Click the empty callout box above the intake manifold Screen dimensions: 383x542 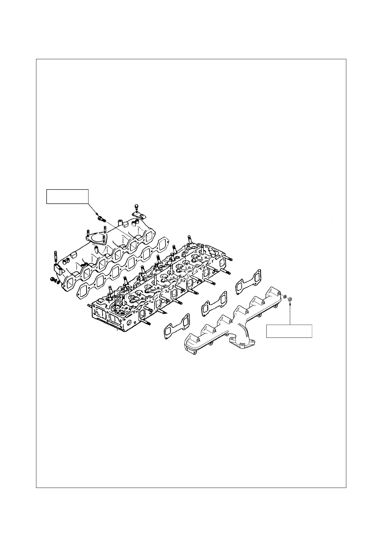click(x=67, y=197)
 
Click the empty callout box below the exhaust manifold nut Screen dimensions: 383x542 click(x=289, y=331)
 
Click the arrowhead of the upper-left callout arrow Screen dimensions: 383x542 click(x=98, y=215)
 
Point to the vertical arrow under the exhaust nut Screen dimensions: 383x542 click(x=290, y=314)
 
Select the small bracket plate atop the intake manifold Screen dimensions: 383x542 click(x=136, y=215)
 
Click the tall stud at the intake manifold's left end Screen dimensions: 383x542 click(x=55, y=257)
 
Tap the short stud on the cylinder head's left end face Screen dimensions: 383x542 click(x=89, y=305)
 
